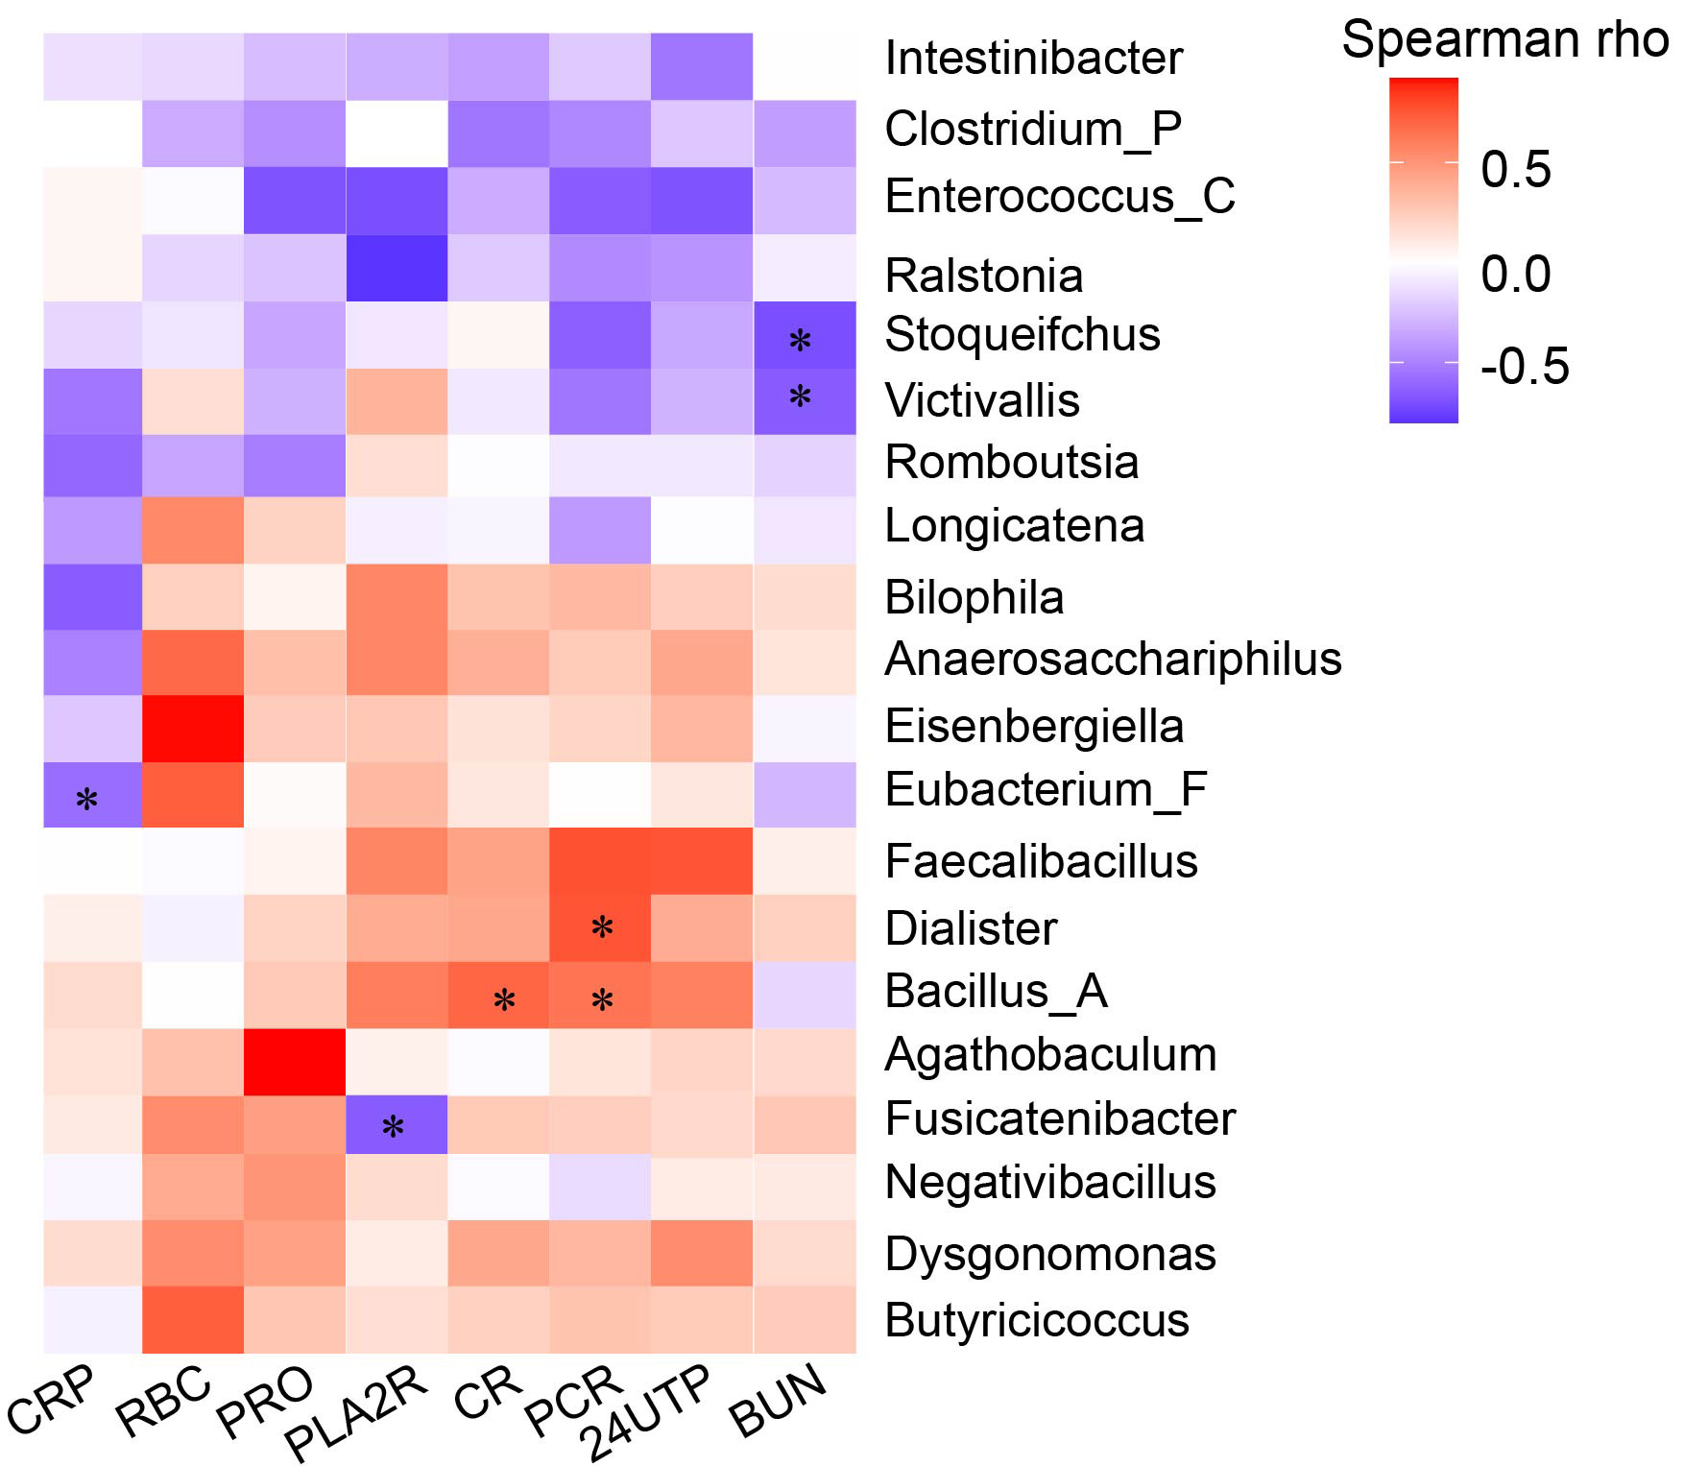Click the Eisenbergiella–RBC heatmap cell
pos(192,729)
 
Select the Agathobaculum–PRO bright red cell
pos(294,1062)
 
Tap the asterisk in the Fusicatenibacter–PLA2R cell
pos(393,1127)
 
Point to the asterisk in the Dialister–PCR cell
pos(602,927)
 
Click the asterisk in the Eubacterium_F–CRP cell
pos(86,799)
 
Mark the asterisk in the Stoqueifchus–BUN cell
pos(800,340)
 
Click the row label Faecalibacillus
pos(1041,861)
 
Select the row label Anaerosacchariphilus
pos(1113,660)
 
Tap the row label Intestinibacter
pos(1033,59)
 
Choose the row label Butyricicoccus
pos(1037,1321)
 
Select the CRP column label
pos(53,1400)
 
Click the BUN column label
pos(778,1400)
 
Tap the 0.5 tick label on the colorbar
pos(1515,170)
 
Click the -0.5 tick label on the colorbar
pos(1525,367)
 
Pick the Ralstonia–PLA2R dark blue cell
pos(397,268)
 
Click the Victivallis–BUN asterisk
pos(800,397)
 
